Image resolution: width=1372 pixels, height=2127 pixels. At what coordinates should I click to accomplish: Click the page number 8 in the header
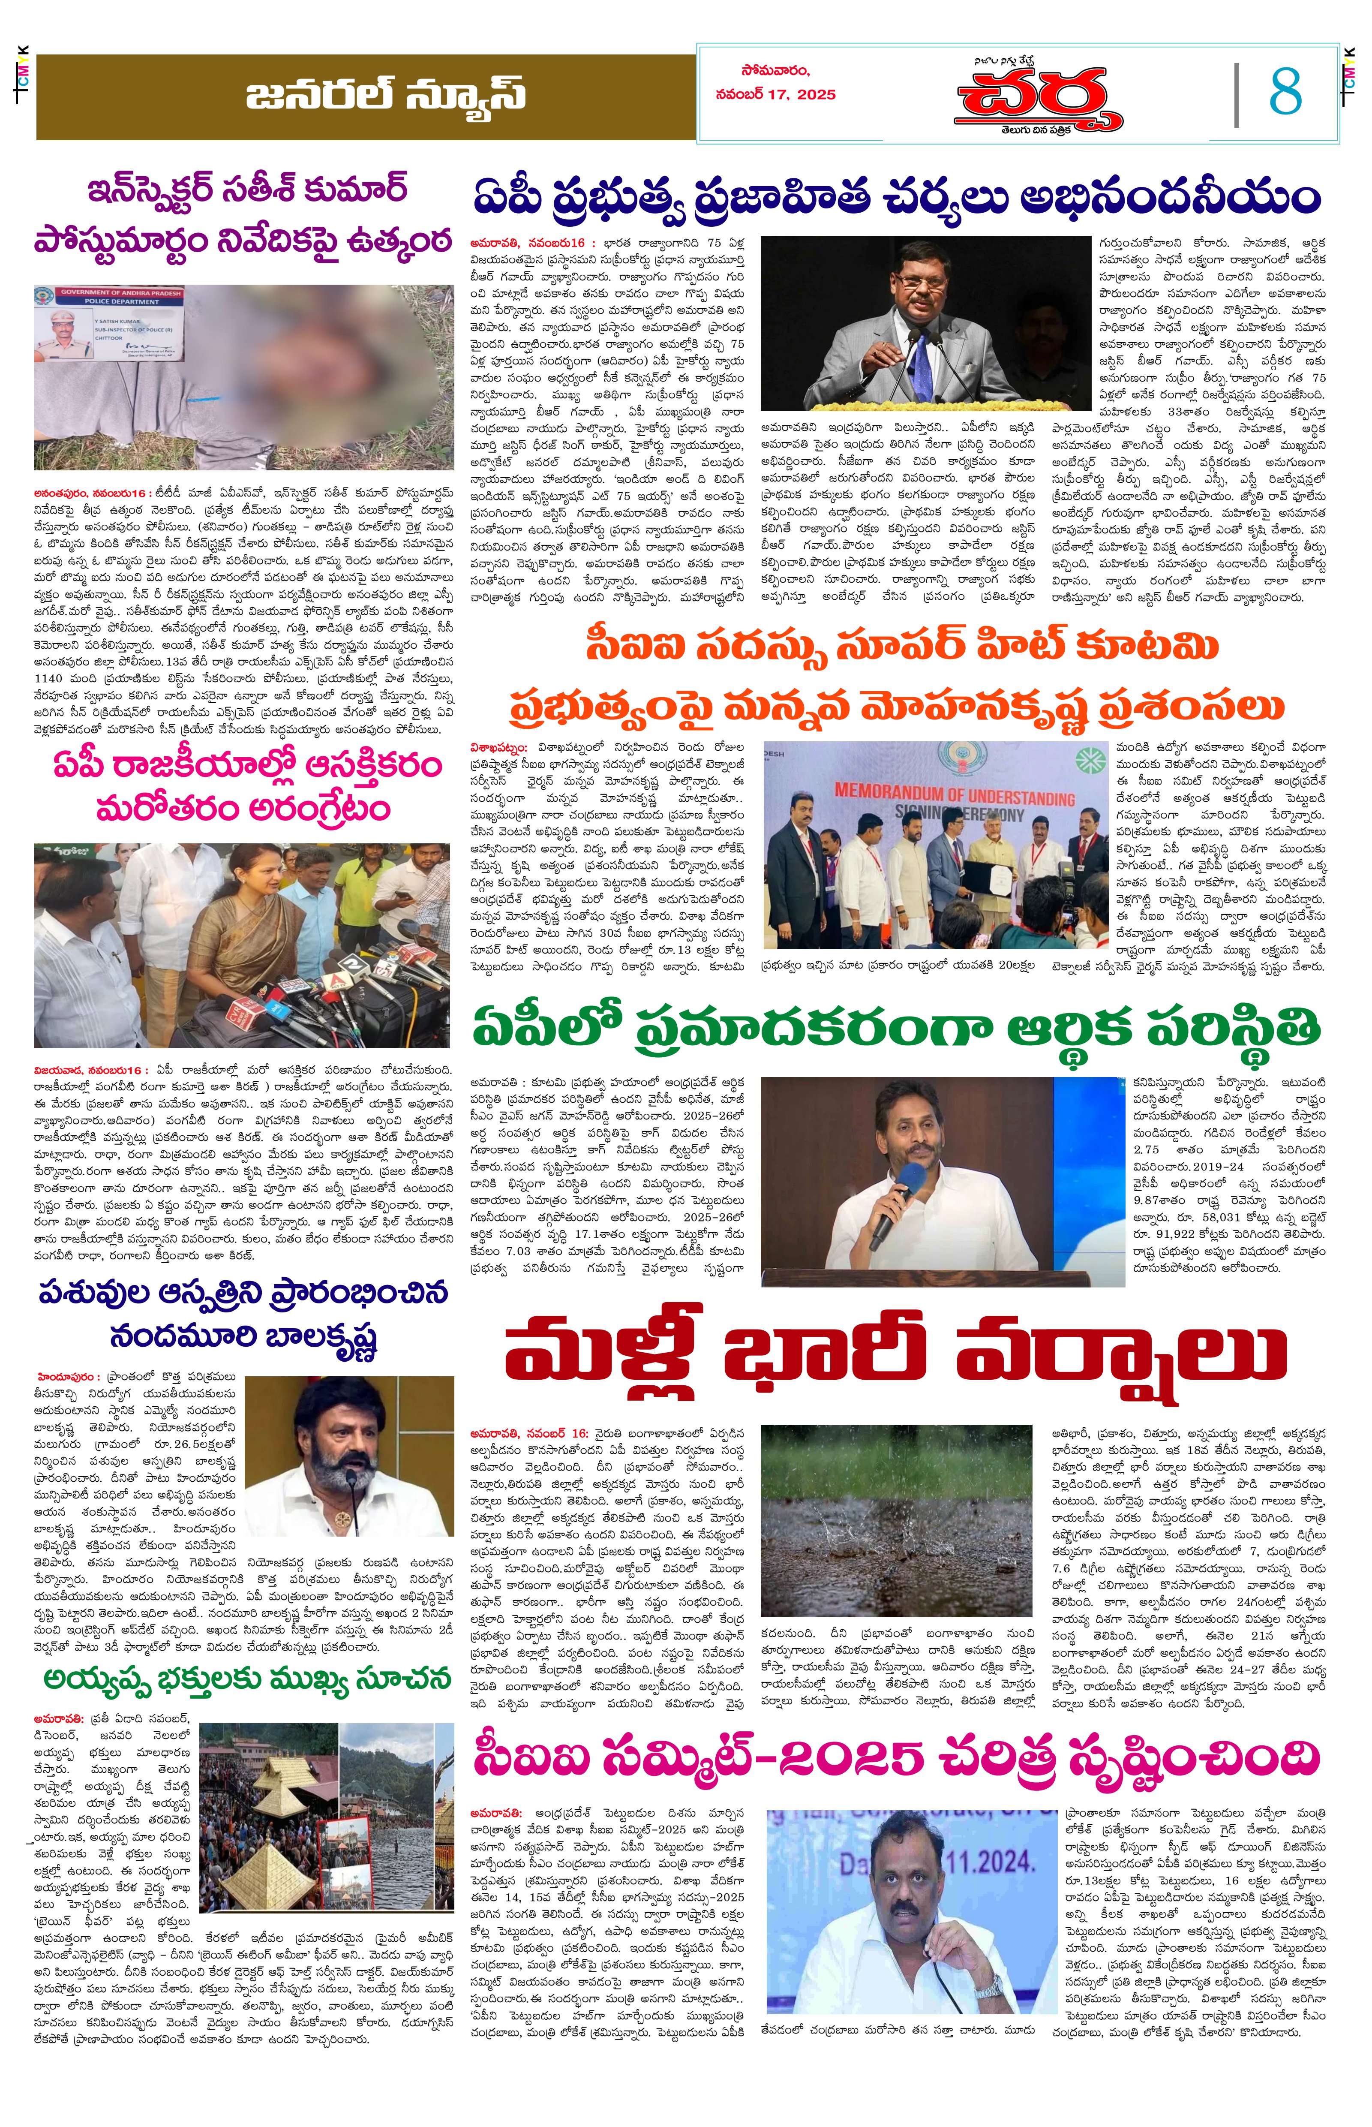coord(1285,92)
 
